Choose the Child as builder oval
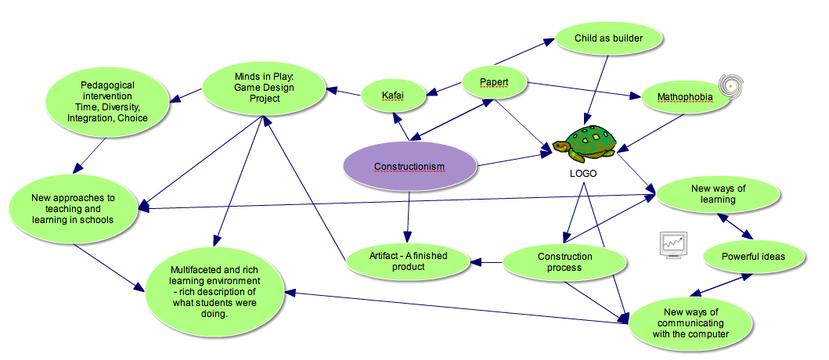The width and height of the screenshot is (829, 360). (x=608, y=37)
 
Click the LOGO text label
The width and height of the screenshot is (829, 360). (x=582, y=174)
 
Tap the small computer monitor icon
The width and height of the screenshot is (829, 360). (x=673, y=244)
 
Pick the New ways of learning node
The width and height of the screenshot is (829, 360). (x=719, y=194)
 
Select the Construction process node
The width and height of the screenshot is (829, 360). (x=564, y=262)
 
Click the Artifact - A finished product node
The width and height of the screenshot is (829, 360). (x=408, y=261)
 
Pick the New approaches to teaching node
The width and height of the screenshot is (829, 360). (x=73, y=209)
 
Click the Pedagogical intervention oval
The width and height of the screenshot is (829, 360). (x=107, y=101)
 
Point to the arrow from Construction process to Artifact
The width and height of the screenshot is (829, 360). (x=485, y=262)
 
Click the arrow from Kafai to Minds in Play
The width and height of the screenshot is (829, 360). (x=344, y=93)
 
